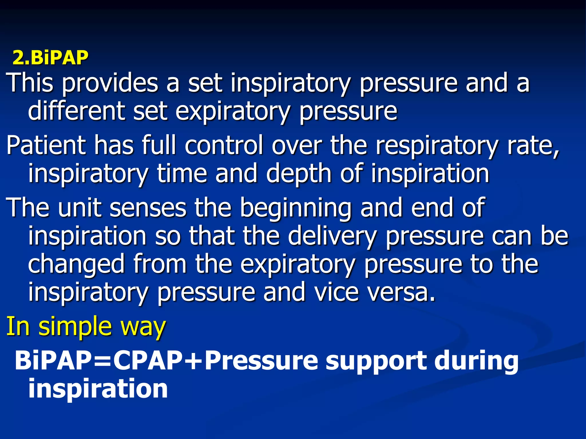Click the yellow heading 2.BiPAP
coord(50,58)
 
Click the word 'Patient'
coord(46,145)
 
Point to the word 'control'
coord(224,145)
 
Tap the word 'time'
coord(182,173)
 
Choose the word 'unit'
coord(80,207)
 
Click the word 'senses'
coord(148,208)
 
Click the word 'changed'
coord(76,265)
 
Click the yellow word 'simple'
coord(75,327)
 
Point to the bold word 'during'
coord(476,361)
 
